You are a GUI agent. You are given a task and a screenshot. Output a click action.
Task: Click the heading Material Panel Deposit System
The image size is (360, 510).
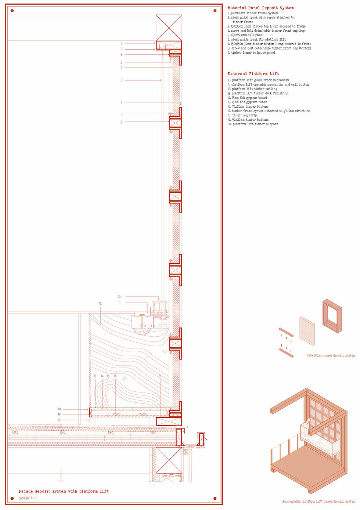[x=260, y=8]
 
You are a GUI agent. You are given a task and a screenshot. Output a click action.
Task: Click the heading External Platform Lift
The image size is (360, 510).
[x=253, y=74]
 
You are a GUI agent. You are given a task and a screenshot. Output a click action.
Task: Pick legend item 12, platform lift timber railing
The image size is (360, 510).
[x=252, y=89]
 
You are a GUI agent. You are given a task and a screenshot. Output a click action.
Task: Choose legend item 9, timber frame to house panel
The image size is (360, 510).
[x=251, y=53]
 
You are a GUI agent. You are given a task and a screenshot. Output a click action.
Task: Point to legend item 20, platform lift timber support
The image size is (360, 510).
[x=252, y=124]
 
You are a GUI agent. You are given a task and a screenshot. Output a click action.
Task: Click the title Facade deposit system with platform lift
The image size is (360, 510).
[x=64, y=491]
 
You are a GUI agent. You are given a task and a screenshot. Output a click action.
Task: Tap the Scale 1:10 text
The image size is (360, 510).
[x=28, y=498]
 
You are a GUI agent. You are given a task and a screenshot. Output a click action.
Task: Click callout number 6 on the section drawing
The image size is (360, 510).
[x=121, y=80]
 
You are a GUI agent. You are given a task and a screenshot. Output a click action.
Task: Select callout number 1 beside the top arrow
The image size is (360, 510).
[x=121, y=44]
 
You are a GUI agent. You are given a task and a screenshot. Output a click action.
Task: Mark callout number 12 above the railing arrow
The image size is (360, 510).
[x=100, y=304]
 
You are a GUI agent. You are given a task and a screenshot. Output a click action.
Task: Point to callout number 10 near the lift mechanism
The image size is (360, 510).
[x=119, y=297]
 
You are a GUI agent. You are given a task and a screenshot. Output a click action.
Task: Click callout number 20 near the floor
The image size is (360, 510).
[x=60, y=420]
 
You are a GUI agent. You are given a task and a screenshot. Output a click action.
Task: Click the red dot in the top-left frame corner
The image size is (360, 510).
[x=12, y=11]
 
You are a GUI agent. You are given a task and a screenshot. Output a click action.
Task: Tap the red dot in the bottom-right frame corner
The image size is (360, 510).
[x=215, y=498]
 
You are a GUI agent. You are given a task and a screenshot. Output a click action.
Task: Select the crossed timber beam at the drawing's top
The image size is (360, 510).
[x=169, y=28]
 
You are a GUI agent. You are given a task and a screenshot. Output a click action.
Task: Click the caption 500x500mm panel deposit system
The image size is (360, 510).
[x=331, y=355]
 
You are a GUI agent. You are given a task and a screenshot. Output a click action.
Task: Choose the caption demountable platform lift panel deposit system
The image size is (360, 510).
[x=318, y=502]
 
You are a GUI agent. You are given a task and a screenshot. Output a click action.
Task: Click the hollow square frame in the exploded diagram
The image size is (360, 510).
[x=332, y=316]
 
